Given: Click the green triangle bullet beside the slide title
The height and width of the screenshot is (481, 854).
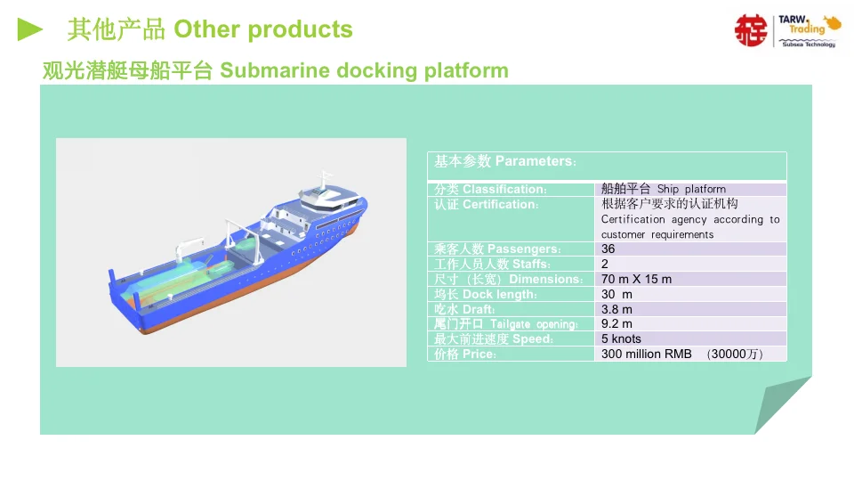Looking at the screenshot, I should click(30, 29).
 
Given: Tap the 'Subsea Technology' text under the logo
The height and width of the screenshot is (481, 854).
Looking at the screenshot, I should click(809, 45).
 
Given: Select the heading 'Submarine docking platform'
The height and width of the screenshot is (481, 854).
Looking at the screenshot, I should click(364, 70).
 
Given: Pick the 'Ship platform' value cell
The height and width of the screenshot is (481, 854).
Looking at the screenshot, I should click(664, 189).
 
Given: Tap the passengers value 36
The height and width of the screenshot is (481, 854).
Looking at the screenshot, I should click(608, 249).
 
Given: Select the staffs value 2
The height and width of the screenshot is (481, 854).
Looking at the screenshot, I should click(605, 264).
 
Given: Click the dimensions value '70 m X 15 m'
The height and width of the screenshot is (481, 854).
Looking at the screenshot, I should click(637, 279).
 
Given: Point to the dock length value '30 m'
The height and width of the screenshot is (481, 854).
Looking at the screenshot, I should click(617, 294).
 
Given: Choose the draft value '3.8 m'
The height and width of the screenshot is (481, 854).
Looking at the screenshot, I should click(617, 309).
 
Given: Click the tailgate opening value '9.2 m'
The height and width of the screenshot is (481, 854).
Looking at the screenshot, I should click(617, 323).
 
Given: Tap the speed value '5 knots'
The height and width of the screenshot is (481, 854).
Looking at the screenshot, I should click(621, 338).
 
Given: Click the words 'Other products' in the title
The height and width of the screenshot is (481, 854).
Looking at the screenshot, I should click(263, 29).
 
